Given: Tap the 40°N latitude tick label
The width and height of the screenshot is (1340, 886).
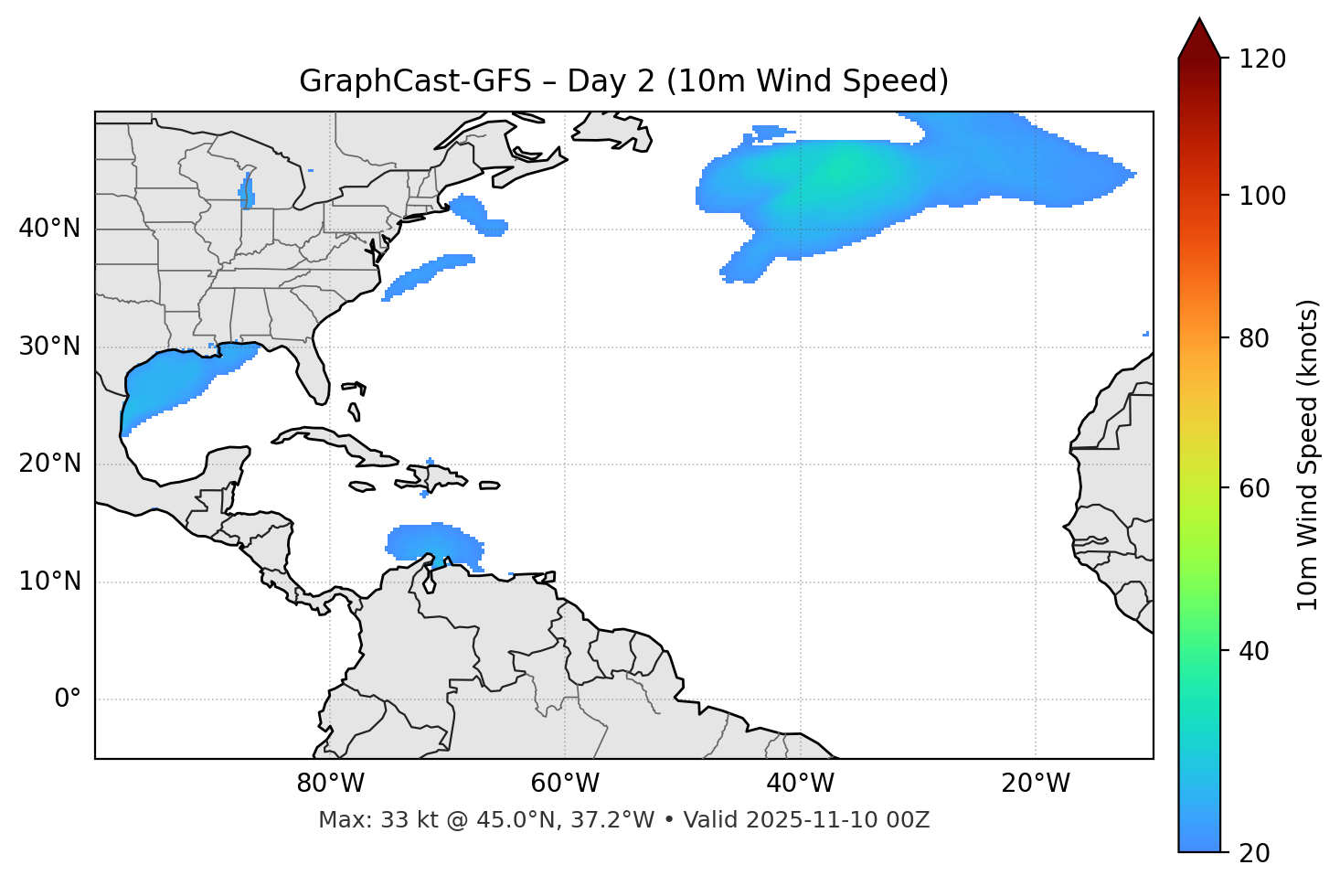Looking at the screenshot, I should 49,229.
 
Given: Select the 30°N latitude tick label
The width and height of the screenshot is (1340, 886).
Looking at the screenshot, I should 49,347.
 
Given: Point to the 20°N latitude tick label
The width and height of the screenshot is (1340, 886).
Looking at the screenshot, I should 49,464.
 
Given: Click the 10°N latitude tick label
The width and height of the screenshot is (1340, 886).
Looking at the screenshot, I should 49,582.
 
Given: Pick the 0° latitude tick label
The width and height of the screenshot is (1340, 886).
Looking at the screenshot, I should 68,699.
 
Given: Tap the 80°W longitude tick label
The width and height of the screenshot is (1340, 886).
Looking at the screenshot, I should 330,784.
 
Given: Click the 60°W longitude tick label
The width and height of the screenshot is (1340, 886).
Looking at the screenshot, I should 565,784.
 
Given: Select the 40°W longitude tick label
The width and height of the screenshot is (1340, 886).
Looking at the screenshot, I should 800,784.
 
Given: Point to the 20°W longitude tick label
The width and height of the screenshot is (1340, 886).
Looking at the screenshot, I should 1035,784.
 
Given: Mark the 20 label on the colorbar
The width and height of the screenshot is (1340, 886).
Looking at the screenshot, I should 1254,853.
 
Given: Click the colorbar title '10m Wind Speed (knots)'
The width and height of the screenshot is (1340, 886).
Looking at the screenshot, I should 1308,455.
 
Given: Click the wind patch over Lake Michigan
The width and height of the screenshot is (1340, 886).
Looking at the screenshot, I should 247,193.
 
